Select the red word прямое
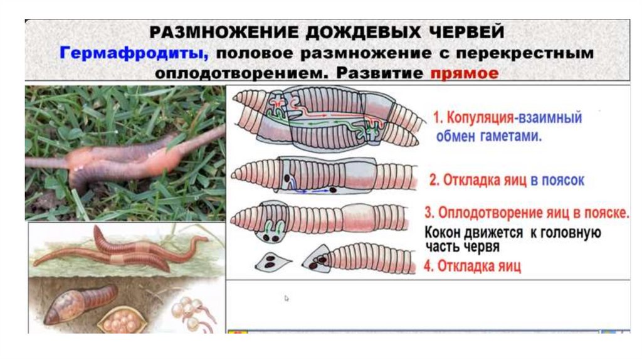pyautogui.click(x=465, y=73)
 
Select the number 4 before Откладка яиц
pyautogui.click(x=428, y=266)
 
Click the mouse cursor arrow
pyautogui.click(x=286, y=298)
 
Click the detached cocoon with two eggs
pyautogui.click(x=272, y=262)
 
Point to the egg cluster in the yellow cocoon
pyautogui.click(x=121, y=322)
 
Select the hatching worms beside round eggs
pyautogui.click(x=193, y=314)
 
